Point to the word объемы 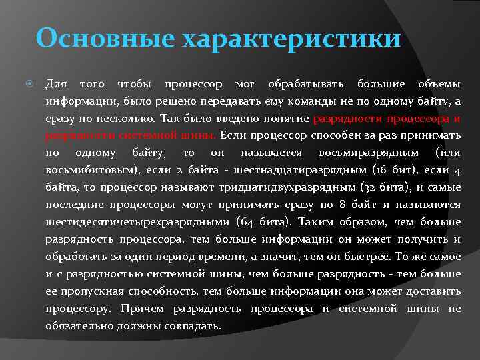click(x=439, y=84)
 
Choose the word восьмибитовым click(x=92, y=171)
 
